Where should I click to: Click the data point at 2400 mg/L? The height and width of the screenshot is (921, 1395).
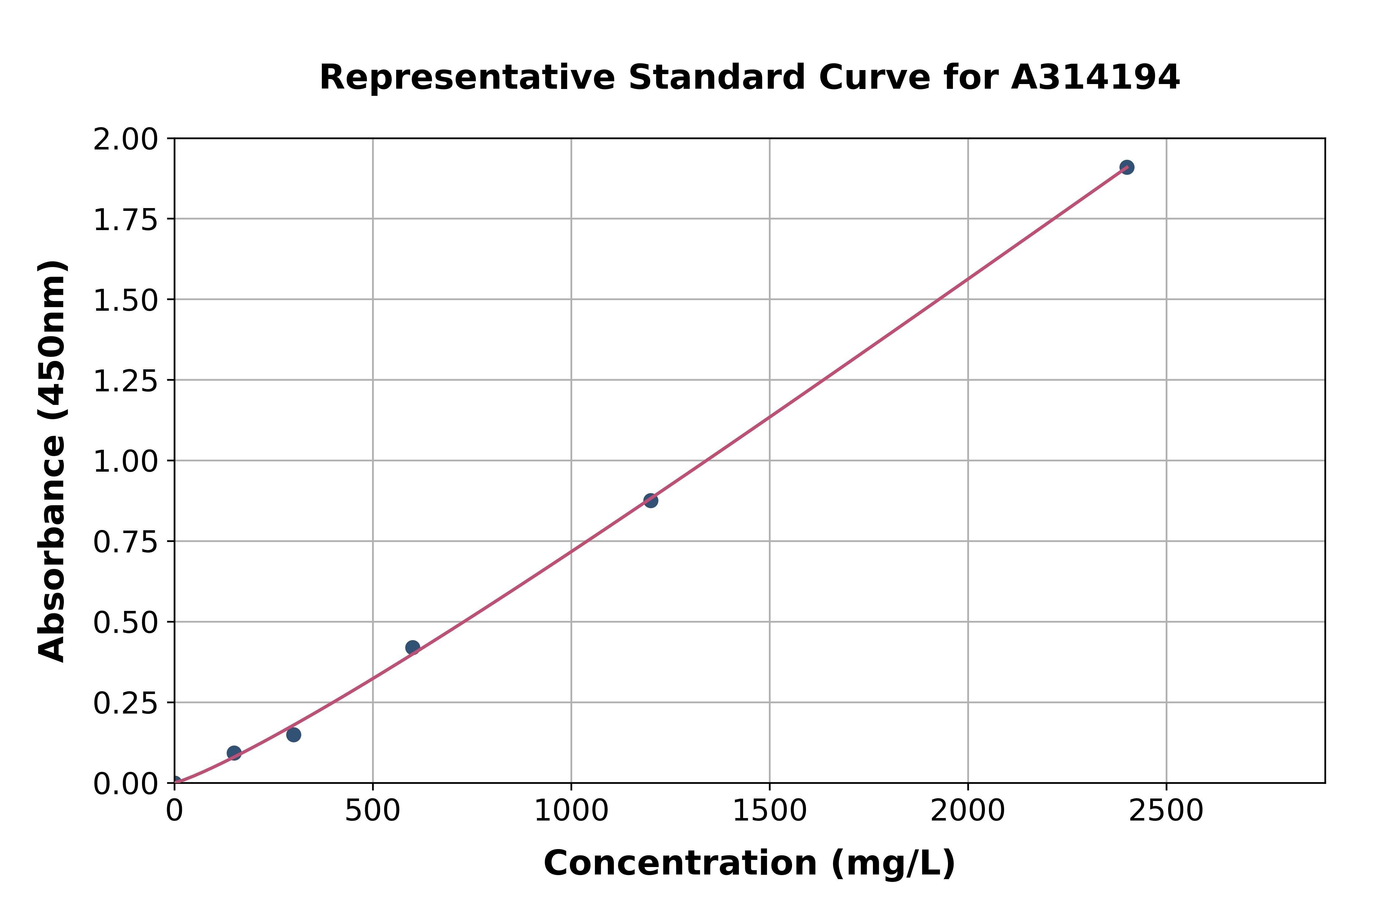pos(1126,167)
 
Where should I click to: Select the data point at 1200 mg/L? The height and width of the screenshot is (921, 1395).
pos(650,501)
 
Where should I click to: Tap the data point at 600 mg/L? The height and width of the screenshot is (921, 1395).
pos(412,647)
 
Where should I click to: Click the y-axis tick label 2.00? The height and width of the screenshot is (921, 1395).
pos(126,140)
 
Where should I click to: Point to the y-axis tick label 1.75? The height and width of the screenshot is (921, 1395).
pos(126,220)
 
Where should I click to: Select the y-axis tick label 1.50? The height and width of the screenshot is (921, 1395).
pos(126,301)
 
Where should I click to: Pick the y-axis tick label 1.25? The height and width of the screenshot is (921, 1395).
pos(126,381)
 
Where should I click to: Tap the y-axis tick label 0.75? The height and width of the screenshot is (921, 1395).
pos(126,542)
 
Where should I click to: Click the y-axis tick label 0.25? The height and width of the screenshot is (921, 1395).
pos(126,703)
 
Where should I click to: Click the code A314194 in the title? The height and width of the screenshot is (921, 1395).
pos(1095,78)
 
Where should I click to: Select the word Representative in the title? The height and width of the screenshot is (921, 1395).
pos(467,78)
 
